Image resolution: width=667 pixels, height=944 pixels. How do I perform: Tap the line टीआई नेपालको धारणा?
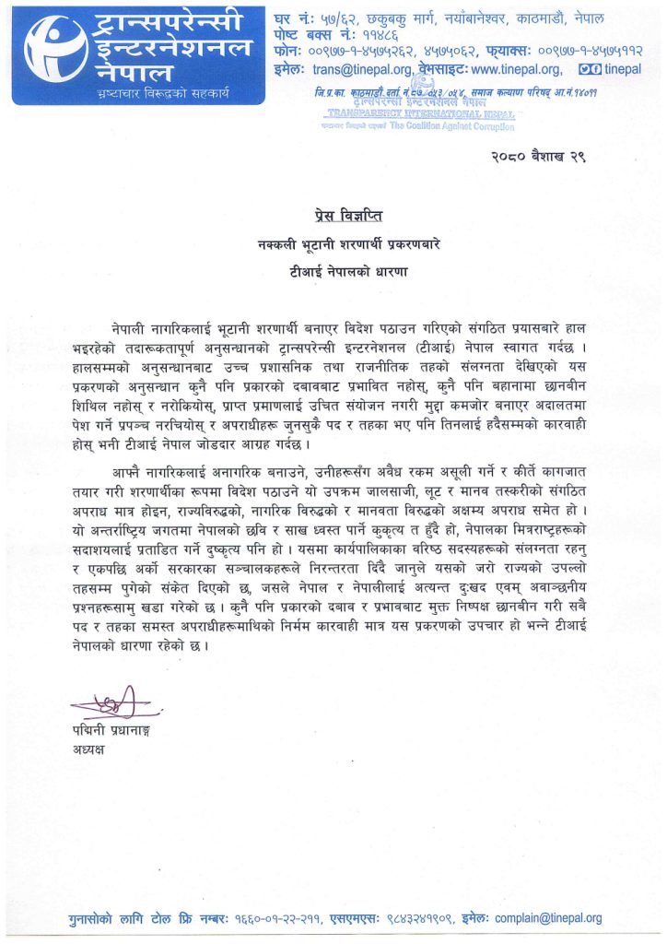coord(333,273)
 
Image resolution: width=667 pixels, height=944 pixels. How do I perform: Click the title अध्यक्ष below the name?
coord(89,749)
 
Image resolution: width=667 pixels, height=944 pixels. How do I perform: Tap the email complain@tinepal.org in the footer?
coord(548,918)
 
